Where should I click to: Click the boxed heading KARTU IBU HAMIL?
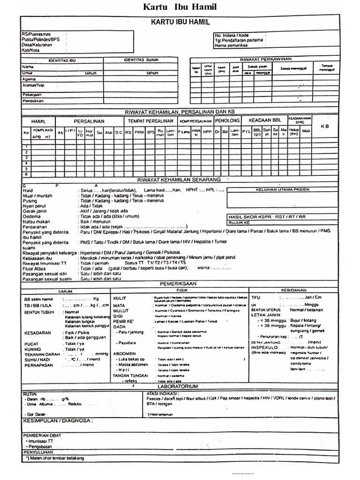pos(180,22)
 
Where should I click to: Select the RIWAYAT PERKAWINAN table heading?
pos(266,59)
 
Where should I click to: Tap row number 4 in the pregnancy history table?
pos(26,163)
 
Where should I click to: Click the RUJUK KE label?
pos(240,223)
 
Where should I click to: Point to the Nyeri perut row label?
pos(34,206)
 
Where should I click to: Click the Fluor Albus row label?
pos(34,268)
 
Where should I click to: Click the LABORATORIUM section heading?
pos(180,386)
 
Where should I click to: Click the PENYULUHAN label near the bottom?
pos(39,452)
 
